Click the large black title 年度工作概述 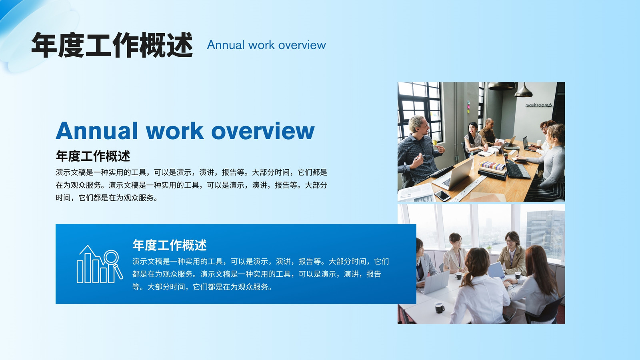[x=112, y=45]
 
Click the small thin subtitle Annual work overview [x=266, y=45]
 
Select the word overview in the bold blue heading [x=263, y=130]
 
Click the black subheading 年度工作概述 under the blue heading [x=93, y=156]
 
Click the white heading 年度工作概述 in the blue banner [x=170, y=245]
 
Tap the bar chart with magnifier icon [x=100, y=264]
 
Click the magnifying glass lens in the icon [x=111, y=257]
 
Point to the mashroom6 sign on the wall [x=538, y=105]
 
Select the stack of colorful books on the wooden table [x=492, y=166]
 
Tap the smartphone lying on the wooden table [x=442, y=196]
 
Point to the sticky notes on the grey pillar [x=468, y=106]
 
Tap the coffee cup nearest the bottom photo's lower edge [x=440, y=308]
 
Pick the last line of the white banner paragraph [x=202, y=286]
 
